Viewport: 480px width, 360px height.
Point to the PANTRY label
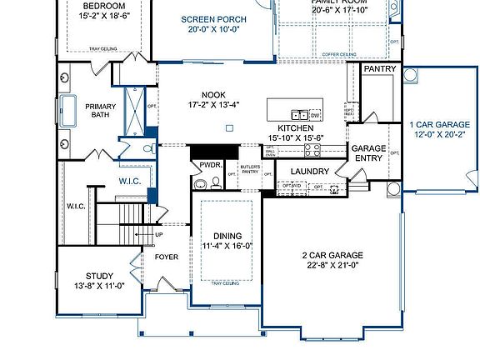coord(379,69)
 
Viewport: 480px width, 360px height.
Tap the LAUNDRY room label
coord(309,172)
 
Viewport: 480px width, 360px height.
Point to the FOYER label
coord(167,257)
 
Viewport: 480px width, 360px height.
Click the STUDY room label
coord(99,276)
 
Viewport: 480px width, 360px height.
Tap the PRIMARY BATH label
coord(102,110)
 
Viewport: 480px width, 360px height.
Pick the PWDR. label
coord(207,166)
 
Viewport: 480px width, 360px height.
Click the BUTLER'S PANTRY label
coord(250,171)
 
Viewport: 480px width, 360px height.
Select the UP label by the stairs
coord(159,235)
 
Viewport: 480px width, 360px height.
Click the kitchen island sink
coord(297,114)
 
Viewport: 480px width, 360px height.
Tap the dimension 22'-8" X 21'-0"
coord(331,266)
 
